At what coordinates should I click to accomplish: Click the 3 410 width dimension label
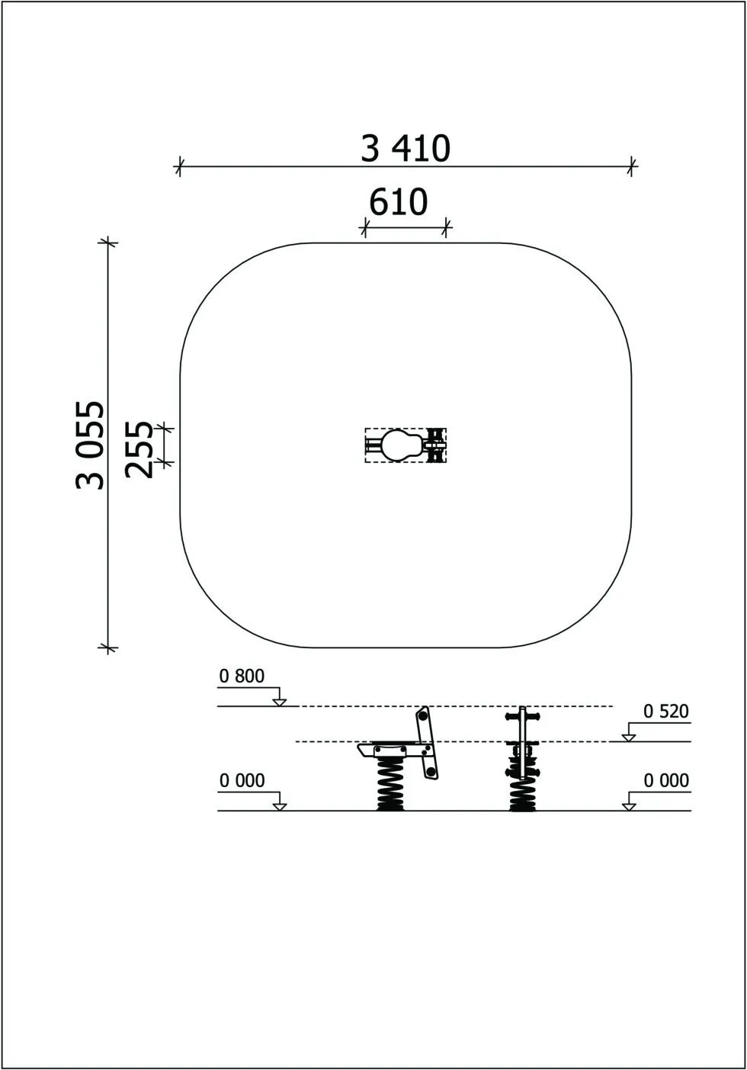pyautogui.click(x=406, y=149)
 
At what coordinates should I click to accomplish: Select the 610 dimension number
pyautogui.click(x=399, y=202)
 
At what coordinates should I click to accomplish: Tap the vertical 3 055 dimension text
pyautogui.click(x=90, y=445)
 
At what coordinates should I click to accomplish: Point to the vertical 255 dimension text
pyautogui.click(x=139, y=449)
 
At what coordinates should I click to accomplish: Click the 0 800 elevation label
pyautogui.click(x=242, y=676)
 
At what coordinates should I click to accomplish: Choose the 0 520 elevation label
pyautogui.click(x=666, y=712)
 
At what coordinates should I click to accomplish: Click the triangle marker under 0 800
pyautogui.click(x=279, y=702)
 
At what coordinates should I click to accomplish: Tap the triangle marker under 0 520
pyautogui.click(x=629, y=737)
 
